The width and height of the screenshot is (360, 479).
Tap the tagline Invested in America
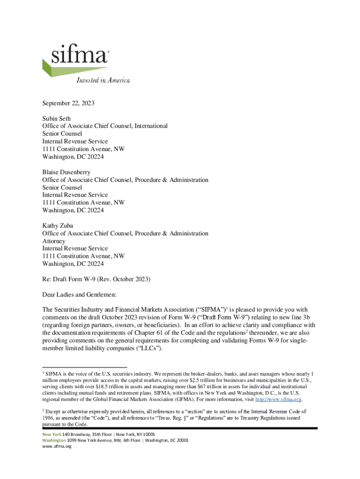(x=103, y=80)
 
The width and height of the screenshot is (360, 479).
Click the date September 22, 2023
(x=68, y=103)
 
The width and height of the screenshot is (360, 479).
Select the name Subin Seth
(x=57, y=118)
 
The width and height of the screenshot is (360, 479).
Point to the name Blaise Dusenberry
(x=67, y=172)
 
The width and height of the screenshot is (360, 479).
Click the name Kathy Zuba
(x=58, y=225)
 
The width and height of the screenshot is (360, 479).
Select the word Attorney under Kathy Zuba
(x=54, y=241)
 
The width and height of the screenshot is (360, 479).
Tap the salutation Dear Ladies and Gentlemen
(x=79, y=295)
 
